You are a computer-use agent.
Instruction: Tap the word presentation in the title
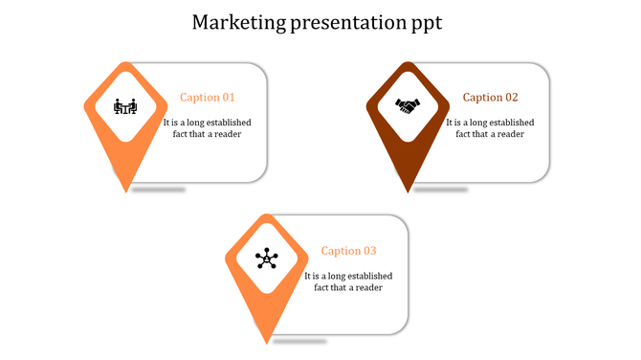(x=348, y=22)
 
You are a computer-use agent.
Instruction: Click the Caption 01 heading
(x=207, y=98)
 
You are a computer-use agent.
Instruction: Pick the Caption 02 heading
(x=490, y=98)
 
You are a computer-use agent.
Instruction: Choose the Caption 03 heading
(x=348, y=251)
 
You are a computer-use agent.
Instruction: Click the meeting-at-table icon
(x=125, y=105)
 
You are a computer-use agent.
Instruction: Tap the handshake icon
(x=408, y=105)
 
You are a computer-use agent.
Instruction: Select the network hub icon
(x=266, y=259)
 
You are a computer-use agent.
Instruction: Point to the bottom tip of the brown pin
(x=408, y=191)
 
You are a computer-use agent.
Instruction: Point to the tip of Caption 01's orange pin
(x=125, y=191)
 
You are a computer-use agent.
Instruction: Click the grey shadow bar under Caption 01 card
(x=159, y=190)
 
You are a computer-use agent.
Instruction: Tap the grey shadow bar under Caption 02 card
(x=441, y=190)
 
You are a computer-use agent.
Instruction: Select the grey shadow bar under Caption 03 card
(x=299, y=342)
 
